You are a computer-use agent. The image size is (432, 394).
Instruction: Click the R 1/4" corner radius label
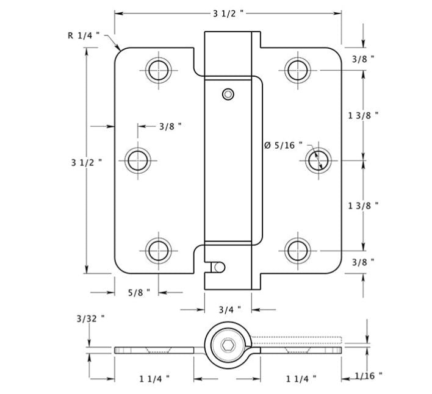(x=82, y=35)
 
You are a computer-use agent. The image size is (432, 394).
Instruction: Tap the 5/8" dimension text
(x=140, y=292)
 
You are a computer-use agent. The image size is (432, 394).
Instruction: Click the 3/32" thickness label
(x=90, y=318)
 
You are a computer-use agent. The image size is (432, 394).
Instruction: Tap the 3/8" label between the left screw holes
(x=170, y=126)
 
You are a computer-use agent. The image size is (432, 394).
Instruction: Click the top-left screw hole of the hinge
(x=159, y=69)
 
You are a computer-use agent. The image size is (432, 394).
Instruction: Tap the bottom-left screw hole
(x=159, y=250)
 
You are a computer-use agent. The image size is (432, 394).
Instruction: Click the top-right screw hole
(x=297, y=69)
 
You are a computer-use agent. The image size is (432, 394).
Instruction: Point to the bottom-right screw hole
(x=297, y=250)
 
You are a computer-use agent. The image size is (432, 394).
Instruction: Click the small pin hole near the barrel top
(x=228, y=93)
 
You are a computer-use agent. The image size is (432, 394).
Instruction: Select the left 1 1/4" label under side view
(x=154, y=378)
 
